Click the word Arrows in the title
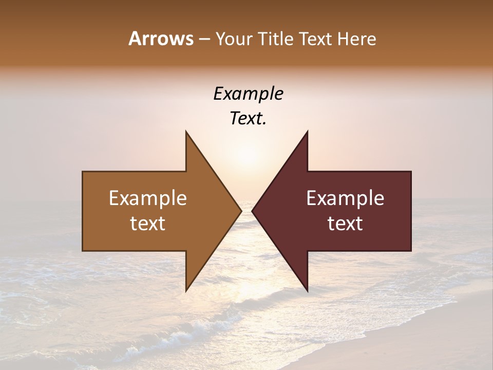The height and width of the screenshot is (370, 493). click(x=161, y=39)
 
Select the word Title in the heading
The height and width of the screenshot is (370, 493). click(x=276, y=39)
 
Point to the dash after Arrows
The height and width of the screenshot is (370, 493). click(x=203, y=40)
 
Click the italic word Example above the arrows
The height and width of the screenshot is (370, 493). click(x=248, y=94)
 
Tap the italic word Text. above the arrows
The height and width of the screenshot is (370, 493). click(x=248, y=119)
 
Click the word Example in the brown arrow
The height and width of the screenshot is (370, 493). click(x=148, y=198)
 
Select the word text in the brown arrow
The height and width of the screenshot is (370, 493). click(x=148, y=224)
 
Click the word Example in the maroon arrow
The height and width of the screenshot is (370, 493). click(x=345, y=198)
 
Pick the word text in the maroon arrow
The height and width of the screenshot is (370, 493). click(x=345, y=224)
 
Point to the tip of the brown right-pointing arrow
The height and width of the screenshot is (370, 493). click(x=241, y=211)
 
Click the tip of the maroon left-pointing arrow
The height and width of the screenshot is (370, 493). click(x=252, y=211)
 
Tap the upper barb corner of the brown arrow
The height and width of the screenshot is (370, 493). click(x=186, y=131)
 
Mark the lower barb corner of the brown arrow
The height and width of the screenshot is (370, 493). click(x=186, y=290)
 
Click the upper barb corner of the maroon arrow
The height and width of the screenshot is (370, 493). click(x=307, y=131)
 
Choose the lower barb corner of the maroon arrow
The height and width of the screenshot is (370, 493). click(x=307, y=290)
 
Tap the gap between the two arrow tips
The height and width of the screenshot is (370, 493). click(x=246, y=211)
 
